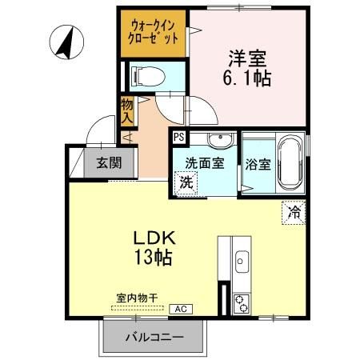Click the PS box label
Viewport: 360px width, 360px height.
coord(178,138)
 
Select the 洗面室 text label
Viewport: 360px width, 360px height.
coord(205,163)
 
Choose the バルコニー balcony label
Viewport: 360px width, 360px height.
coord(154,336)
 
